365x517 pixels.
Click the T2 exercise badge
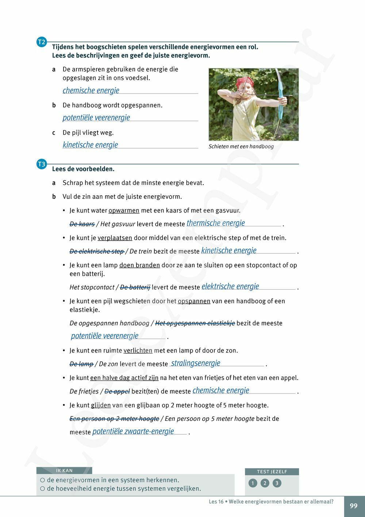tap(42, 42)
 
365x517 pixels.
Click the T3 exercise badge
tap(42, 164)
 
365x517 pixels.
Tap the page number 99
tap(354, 506)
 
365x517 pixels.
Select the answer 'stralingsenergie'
tap(196, 363)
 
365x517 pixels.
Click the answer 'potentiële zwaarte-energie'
tap(133, 431)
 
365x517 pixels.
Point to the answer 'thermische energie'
tap(216, 223)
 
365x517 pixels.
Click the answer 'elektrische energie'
tap(230, 286)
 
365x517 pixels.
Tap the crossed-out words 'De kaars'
tap(82, 224)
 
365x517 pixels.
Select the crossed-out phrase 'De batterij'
tap(135, 287)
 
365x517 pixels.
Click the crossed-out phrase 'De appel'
tap(117, 392)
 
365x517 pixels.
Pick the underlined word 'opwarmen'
tap(124, 211)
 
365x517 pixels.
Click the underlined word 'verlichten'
tap(138, 351)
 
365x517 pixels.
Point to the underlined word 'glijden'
tap(101, 405)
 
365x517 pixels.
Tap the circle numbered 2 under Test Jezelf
tap(265, 483)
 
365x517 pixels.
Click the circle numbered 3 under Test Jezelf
tap(277, 483)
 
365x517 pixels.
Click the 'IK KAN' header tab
tap(64, 471)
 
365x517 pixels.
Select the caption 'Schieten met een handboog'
tap(241, 147)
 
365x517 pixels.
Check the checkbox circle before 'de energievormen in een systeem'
tap(42, 480)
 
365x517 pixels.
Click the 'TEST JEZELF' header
tap(272, 472)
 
